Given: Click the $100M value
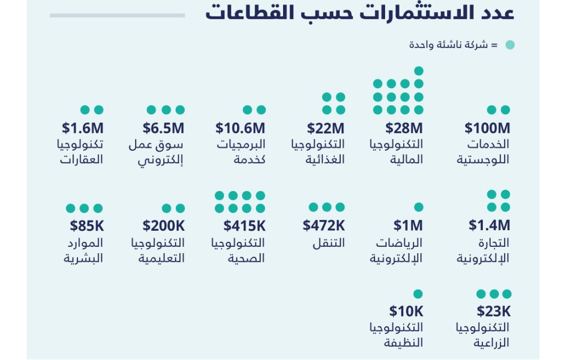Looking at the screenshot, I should point(487,128).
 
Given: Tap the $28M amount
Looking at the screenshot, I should point(404,128).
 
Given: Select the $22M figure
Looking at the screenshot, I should point(326,128).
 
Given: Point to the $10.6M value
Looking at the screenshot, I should point(240,128).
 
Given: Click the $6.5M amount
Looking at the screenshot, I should point(163,128).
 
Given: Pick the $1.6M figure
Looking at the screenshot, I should point(82,128).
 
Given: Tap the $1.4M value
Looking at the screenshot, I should point(489,225).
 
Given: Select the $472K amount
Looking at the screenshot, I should point(324,225).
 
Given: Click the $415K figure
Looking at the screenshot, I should point(244,226).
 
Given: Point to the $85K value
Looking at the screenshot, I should point(87,226).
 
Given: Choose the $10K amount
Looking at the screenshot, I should point(406,311).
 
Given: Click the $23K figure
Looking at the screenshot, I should point(493,311).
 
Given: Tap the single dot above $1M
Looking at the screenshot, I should point(419,207).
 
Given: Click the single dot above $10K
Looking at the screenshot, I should point(418,294).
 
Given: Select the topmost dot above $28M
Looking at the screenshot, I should point(419,71).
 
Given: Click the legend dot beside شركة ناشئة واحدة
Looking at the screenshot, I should point(510,45).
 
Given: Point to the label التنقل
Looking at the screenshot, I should point(328,244).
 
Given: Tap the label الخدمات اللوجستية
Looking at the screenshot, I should point(483,152).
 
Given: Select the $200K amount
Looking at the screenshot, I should point(163,226).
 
